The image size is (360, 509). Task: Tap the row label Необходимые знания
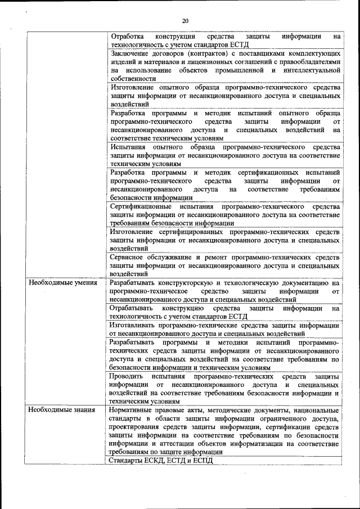tap(57, 410)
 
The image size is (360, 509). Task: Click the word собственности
tap(133, 79)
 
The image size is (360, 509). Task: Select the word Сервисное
tap(129, 258)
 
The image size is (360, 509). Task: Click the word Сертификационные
tap(141, 206)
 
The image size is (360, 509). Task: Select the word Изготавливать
tap(134, 326)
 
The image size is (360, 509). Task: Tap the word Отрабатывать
tap(132, 308)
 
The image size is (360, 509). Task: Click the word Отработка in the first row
tap(128, 36)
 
